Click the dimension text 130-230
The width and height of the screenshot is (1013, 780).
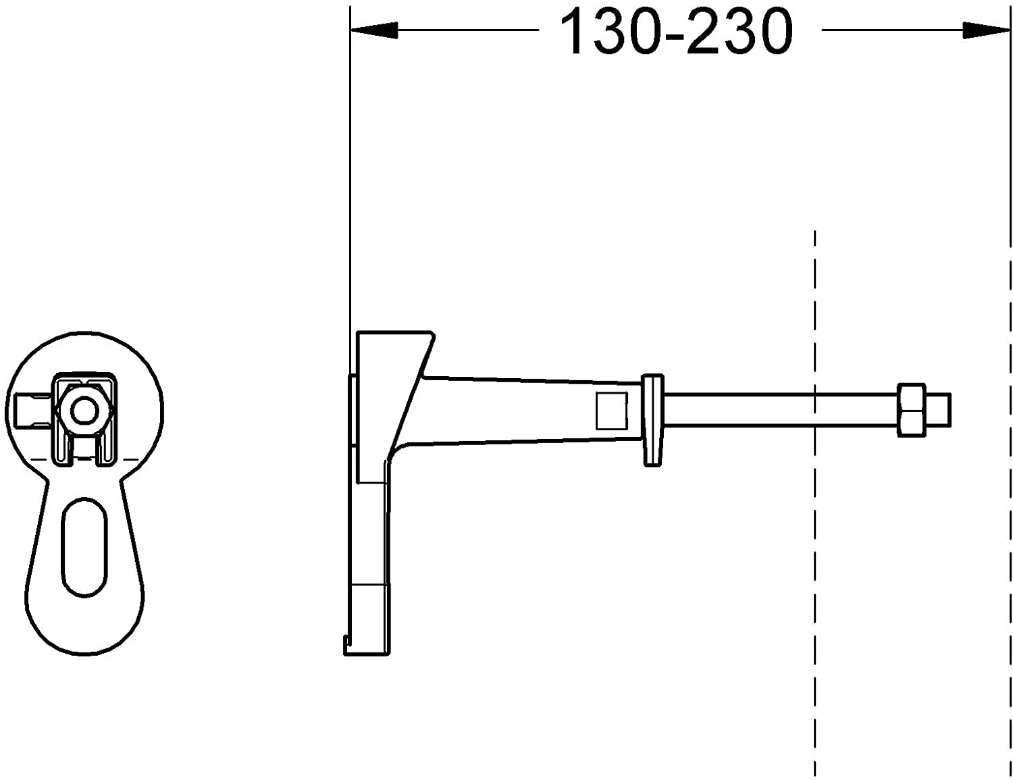click(677, 32)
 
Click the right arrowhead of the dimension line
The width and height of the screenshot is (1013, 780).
click(986, 30)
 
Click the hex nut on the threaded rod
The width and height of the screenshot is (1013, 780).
click(912, 410)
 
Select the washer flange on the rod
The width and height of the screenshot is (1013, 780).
click(652, 419)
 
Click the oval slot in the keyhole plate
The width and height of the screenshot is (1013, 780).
click(84, 547)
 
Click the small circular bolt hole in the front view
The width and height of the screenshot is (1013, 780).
click(84, 409)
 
